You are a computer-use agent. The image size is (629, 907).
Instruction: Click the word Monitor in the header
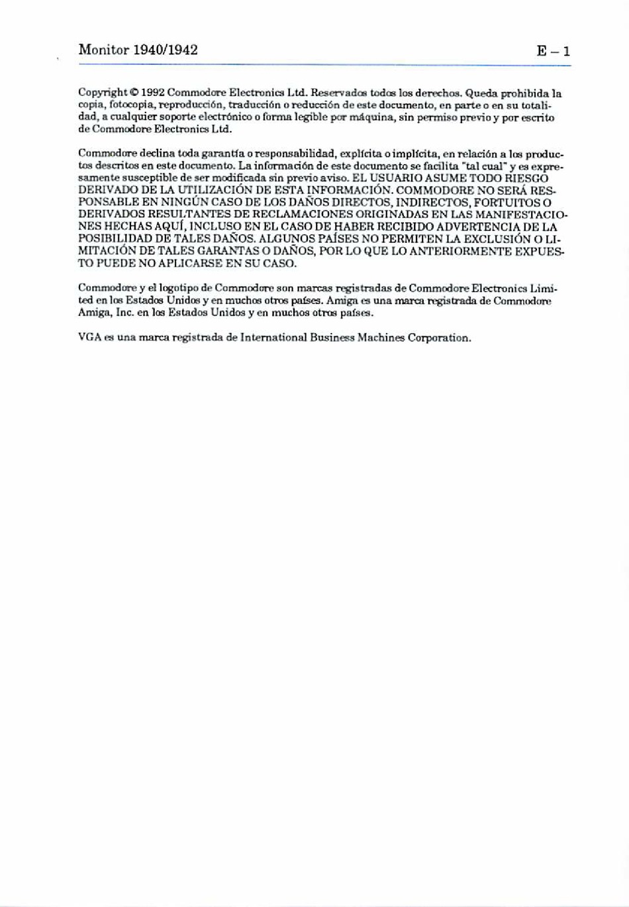(104, 50)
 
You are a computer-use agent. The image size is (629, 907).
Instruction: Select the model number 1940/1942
(165, 50)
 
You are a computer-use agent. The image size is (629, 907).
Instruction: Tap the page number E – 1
(554, 51)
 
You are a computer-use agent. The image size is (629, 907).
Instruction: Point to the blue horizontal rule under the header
(324, 64)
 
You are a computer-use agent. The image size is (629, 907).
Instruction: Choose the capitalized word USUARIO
(395, 178)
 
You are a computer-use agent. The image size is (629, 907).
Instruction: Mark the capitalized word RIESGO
(526, 178)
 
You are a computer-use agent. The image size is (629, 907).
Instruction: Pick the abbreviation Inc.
(126, 312)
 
